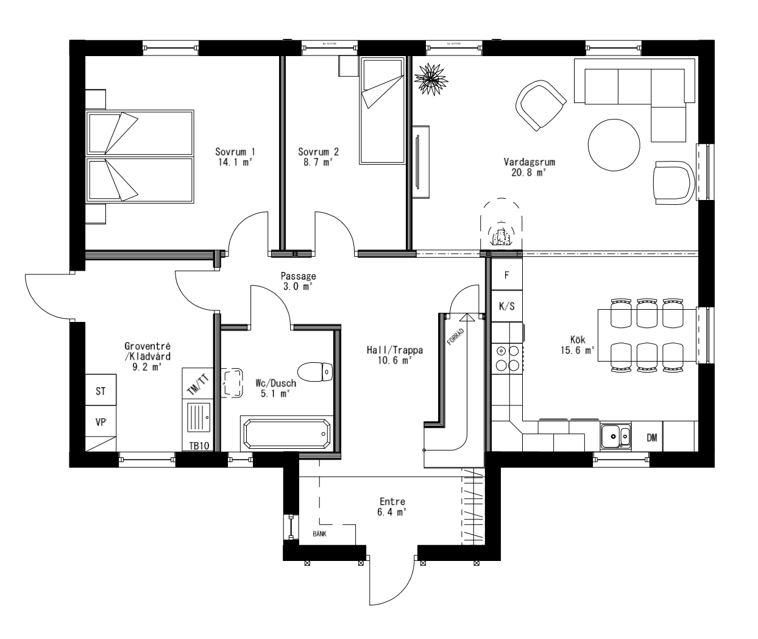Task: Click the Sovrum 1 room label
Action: (235, 152)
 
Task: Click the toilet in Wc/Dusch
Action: (316, 371)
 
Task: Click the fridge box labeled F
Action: (506, 274)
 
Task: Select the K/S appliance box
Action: (506, 306)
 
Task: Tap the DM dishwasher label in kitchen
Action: (651, 438)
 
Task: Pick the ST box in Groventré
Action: (100, 391)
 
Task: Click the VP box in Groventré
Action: (100, 421)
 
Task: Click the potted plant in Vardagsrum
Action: (431, 77)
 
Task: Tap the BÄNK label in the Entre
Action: (319, 533)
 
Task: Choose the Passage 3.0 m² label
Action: (298, 280)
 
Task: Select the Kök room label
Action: (577, 341)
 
